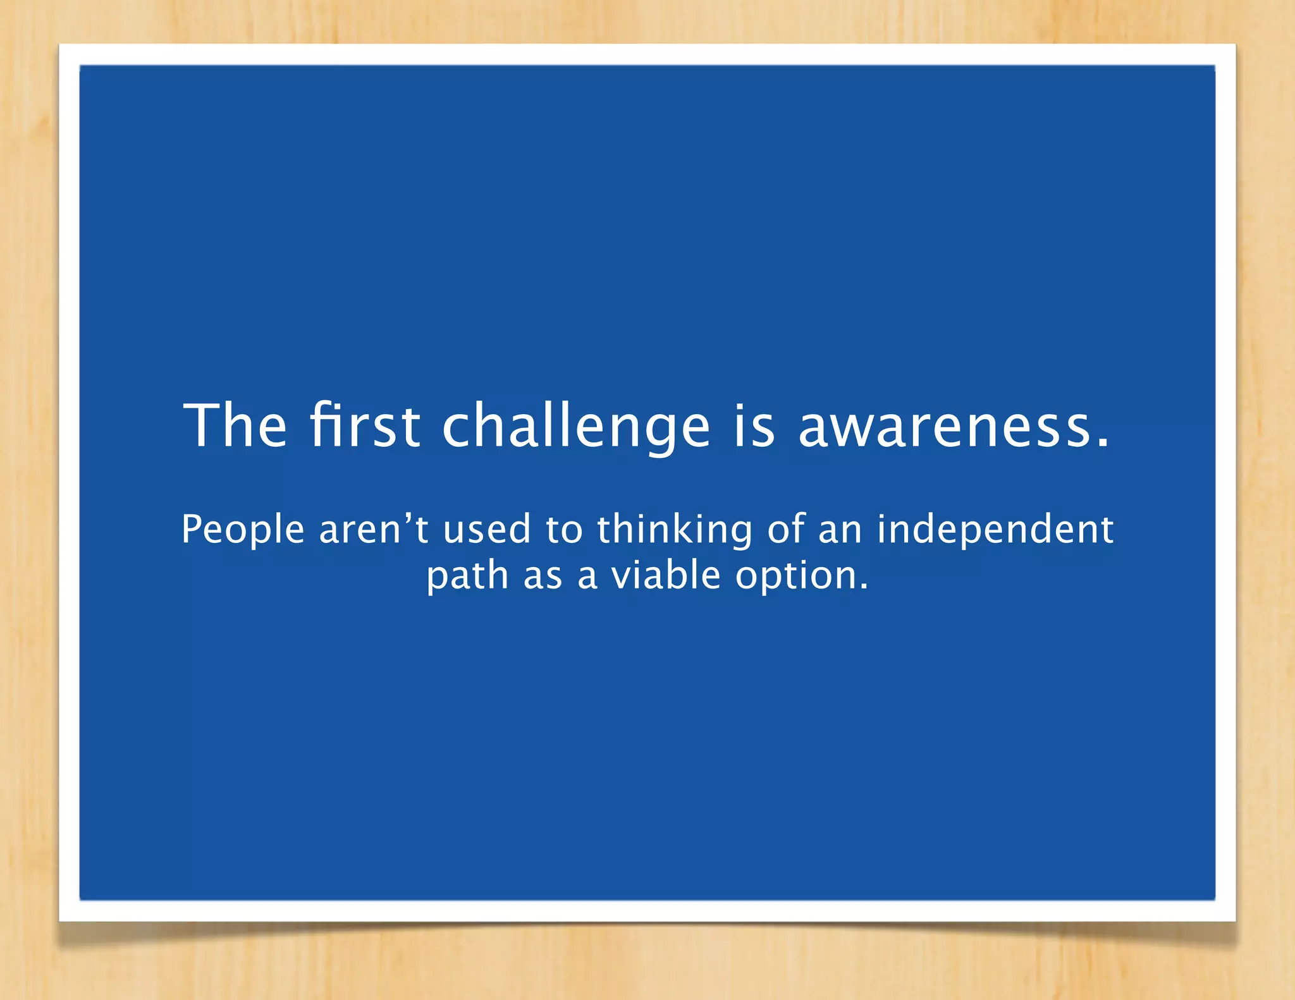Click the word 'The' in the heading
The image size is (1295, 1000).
[x=235, y=425]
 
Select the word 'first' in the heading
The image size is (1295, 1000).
[x=365, y=425]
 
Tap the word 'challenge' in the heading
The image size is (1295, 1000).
[x=576, y=427]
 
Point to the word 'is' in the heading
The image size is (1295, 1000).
[x=754, y=425]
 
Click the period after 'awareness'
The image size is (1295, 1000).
[x=1103, y=442]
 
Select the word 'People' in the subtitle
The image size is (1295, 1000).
[x=243, y=530]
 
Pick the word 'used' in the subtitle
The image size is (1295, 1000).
[x=487, y=530]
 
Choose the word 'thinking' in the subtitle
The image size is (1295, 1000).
[x=675, y=530]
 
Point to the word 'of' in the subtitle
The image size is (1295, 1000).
[x=785, y=530]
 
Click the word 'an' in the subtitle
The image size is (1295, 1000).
[x=840, y=530]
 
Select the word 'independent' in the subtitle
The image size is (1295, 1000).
[x=995, y=530]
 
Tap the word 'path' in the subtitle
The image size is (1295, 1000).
[x=467, y=576]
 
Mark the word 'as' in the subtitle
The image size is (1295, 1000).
[x=543, y=576]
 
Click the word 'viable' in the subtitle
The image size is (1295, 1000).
[x=665, y=576]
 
